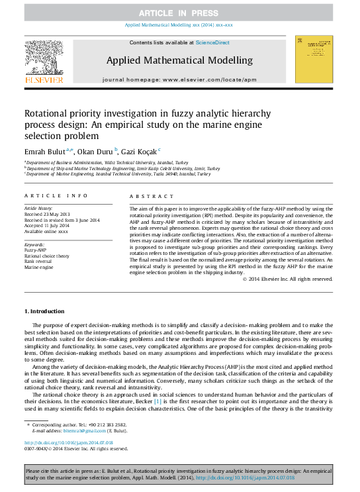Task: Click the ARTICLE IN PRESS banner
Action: (x=179, y=13)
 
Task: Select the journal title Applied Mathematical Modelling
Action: (x=179, y=60)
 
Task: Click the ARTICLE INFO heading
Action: (x=56, y=197)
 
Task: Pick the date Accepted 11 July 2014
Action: (x=47, y=226)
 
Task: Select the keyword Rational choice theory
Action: (x=47, y=255)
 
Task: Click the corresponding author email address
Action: (x=83, y=428)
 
